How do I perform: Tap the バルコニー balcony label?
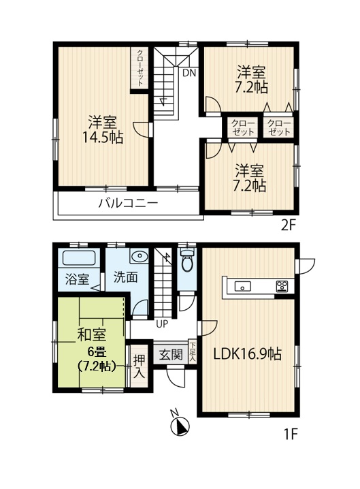tap(128, 202)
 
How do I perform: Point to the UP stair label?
tap(161, 324)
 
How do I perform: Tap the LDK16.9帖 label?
tap(248, 354)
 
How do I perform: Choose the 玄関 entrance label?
tap(170, 354)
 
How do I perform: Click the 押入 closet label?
tap(139, 366)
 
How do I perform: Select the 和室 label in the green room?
tap(90, 334)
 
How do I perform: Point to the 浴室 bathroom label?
tap(77, 279)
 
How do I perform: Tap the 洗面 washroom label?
tap(126, 278)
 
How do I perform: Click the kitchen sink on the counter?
tap(243, 286)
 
